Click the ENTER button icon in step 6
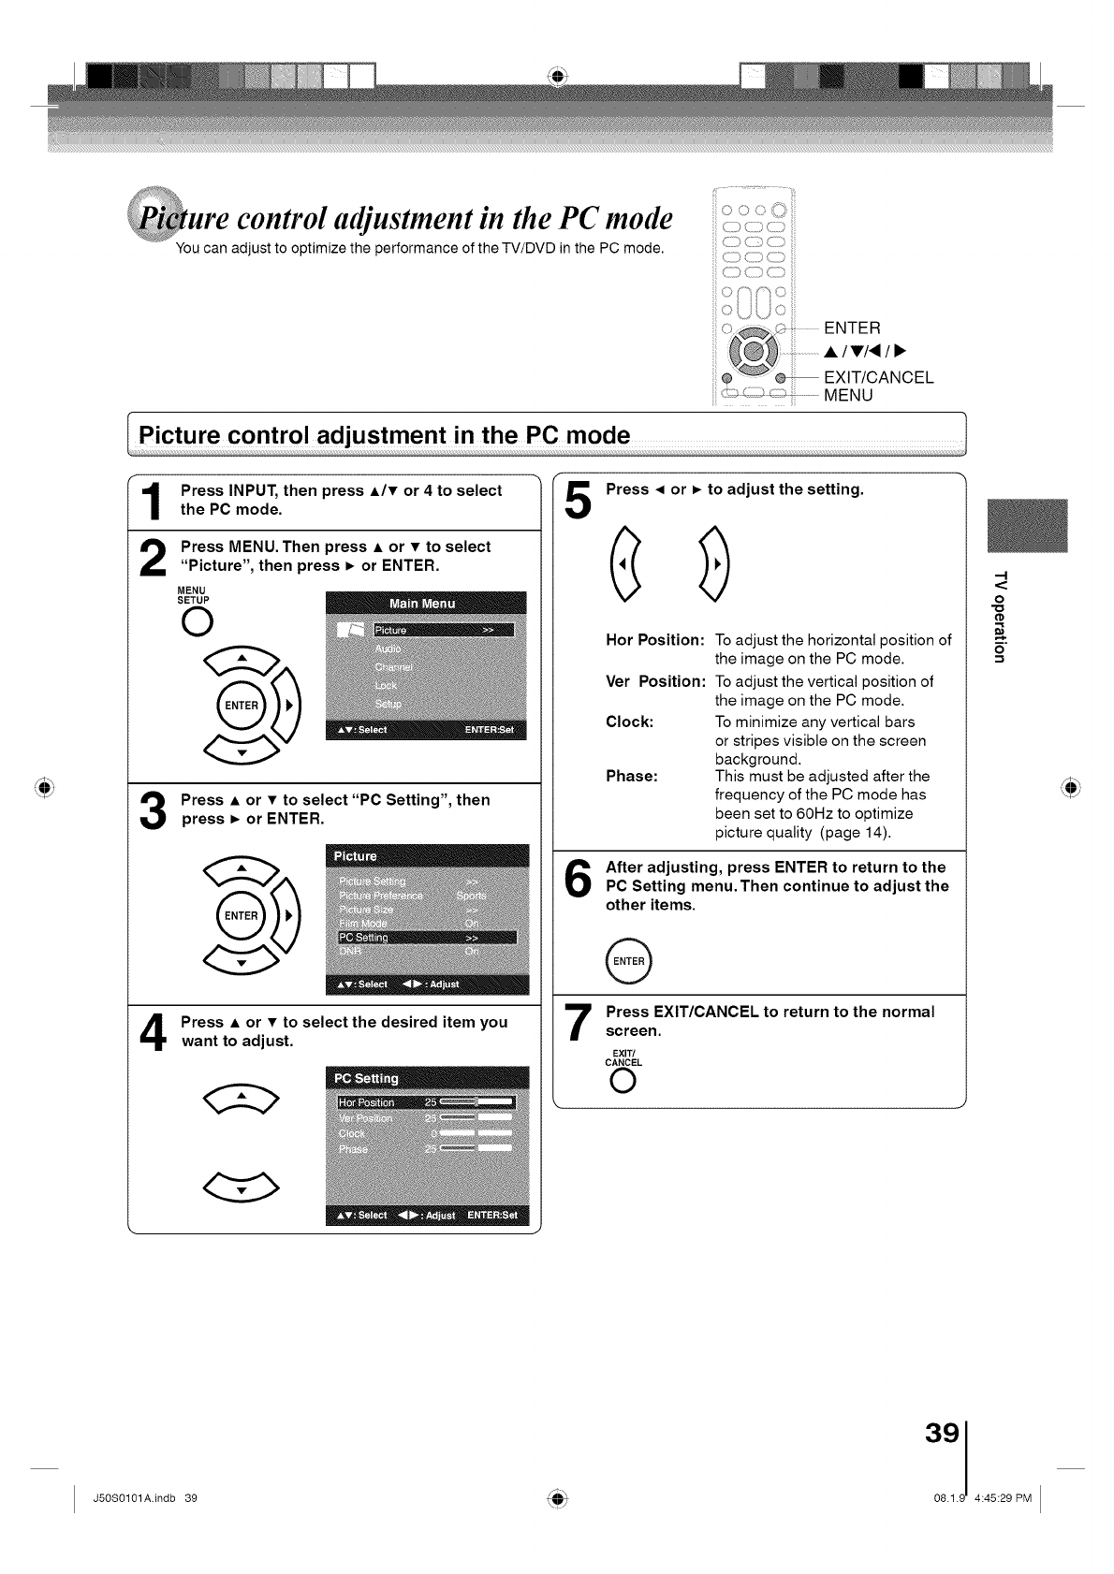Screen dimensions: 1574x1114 (x=628, y=961)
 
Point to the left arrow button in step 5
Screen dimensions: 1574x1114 (x=626, y=567)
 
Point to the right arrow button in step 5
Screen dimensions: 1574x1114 (x=714, y=567)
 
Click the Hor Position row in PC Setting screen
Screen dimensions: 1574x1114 (x=427, y=1102)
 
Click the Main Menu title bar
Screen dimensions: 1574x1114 (x=426, y=604)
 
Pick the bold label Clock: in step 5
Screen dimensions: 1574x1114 (x=630, y=721)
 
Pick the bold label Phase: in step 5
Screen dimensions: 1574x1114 (x=632, y=776)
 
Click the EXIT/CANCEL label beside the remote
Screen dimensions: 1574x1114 (x=878, y=377)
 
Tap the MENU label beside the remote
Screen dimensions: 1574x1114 (x=848, y=396)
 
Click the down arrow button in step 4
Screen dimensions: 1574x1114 (x=241, y=1188)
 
